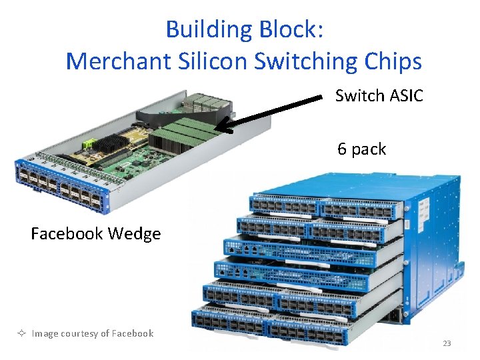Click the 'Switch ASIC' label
coord(379,96)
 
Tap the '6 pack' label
coord(361,149)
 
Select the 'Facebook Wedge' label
coord(95,233)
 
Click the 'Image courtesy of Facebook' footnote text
coord(93,333)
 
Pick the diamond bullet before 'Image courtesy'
coord(23,333)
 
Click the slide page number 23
coord(447,343)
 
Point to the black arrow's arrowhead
coord(220,125)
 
